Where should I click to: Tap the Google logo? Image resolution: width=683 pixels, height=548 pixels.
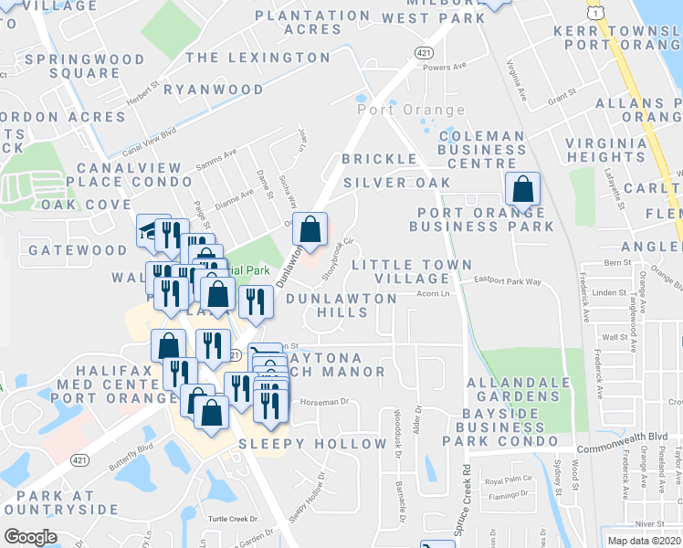pyautogui.click(x=30, y=537)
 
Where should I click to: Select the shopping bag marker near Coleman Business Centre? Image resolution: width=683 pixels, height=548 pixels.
pyautogui.click(x=522, y=190)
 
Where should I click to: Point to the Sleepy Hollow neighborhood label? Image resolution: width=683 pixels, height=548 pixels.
pyautogui.click(x=312, y=444)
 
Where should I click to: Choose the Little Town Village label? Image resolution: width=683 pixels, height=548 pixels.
pyautogui.click(x=400, y=271)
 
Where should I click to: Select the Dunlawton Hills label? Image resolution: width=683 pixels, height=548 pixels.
pyautogui.click(x=341, y=305)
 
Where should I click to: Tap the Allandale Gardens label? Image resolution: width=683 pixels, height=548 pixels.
pyautogui.click(x=512, y=389)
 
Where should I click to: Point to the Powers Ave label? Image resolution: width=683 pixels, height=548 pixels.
pyautogui.click(x=445, y=67)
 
